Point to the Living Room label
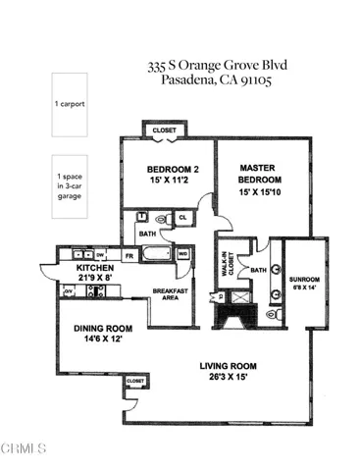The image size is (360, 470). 227,371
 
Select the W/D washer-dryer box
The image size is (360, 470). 183,253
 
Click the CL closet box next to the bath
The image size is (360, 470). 181,218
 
